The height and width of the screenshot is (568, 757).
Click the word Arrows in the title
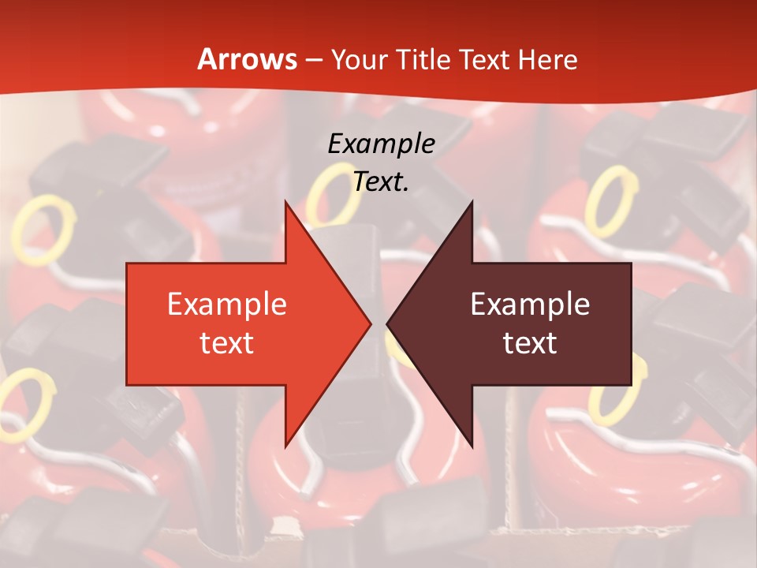pos(248,59)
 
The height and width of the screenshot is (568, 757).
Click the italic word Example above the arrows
pos(382,144)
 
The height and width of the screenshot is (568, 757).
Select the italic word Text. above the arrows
pos(382,182)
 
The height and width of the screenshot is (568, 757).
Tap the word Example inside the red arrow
pos(227,304)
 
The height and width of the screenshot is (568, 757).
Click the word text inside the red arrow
pos(227,343)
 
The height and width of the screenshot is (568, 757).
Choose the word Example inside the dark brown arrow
pos(530,304)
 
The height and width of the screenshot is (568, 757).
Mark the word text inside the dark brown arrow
pos(530,343)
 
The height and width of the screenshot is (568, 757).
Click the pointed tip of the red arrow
pos(370,323)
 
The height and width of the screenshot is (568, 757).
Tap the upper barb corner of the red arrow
pos(285,202)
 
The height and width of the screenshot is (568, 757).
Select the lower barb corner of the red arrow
pos(285,446)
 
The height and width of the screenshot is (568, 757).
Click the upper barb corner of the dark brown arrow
pos(472,202)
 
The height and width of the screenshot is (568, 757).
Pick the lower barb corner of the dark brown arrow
pos(472,446)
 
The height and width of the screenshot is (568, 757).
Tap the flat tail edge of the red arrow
pos(128,323)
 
